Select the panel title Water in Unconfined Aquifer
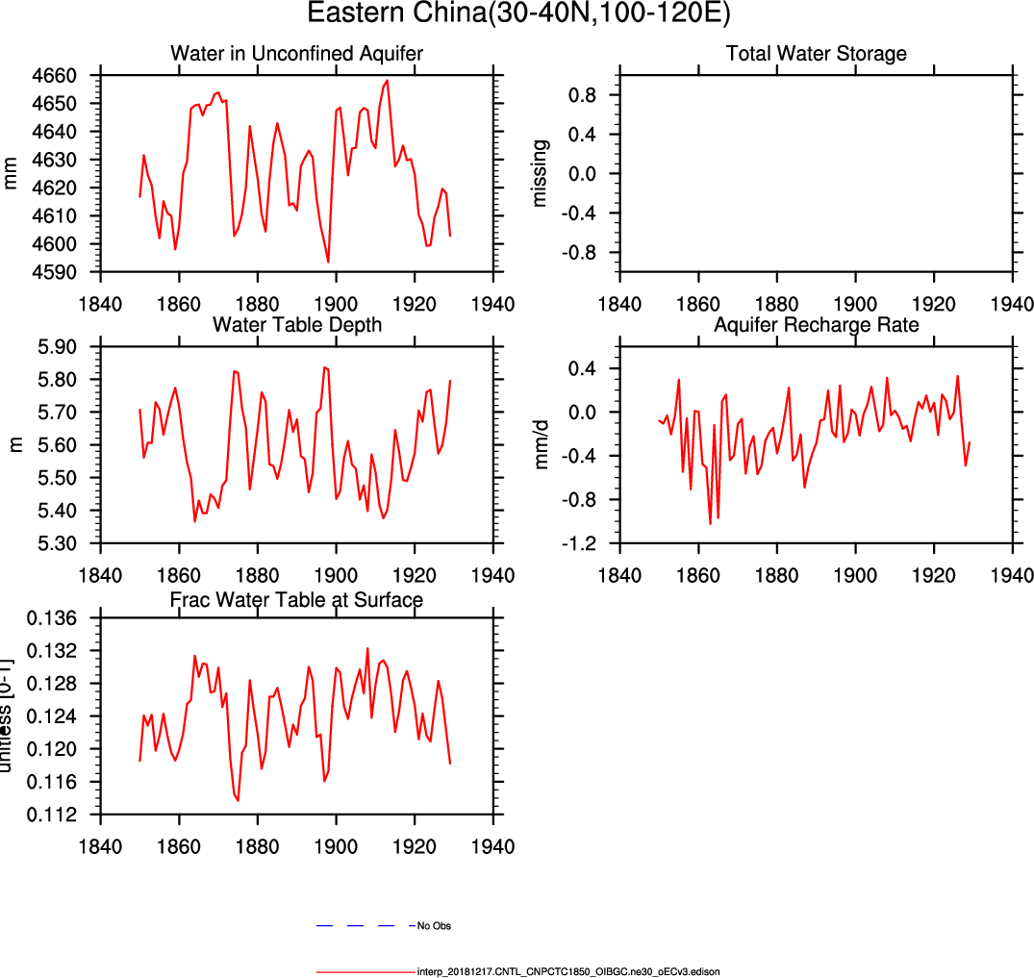(x=296, y=53)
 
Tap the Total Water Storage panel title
(x=816, y=53)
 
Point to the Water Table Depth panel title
(x=296, y=325)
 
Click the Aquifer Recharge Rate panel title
(x=816, y=325)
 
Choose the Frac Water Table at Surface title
(x=296, y=600)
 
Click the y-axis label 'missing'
(x=542, y=173)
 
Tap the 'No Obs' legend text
(x=434, y=926)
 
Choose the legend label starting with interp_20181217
(x=568, y=972)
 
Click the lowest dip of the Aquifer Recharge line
(x=710, y=524)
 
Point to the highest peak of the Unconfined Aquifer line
(x=387, y=81)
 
